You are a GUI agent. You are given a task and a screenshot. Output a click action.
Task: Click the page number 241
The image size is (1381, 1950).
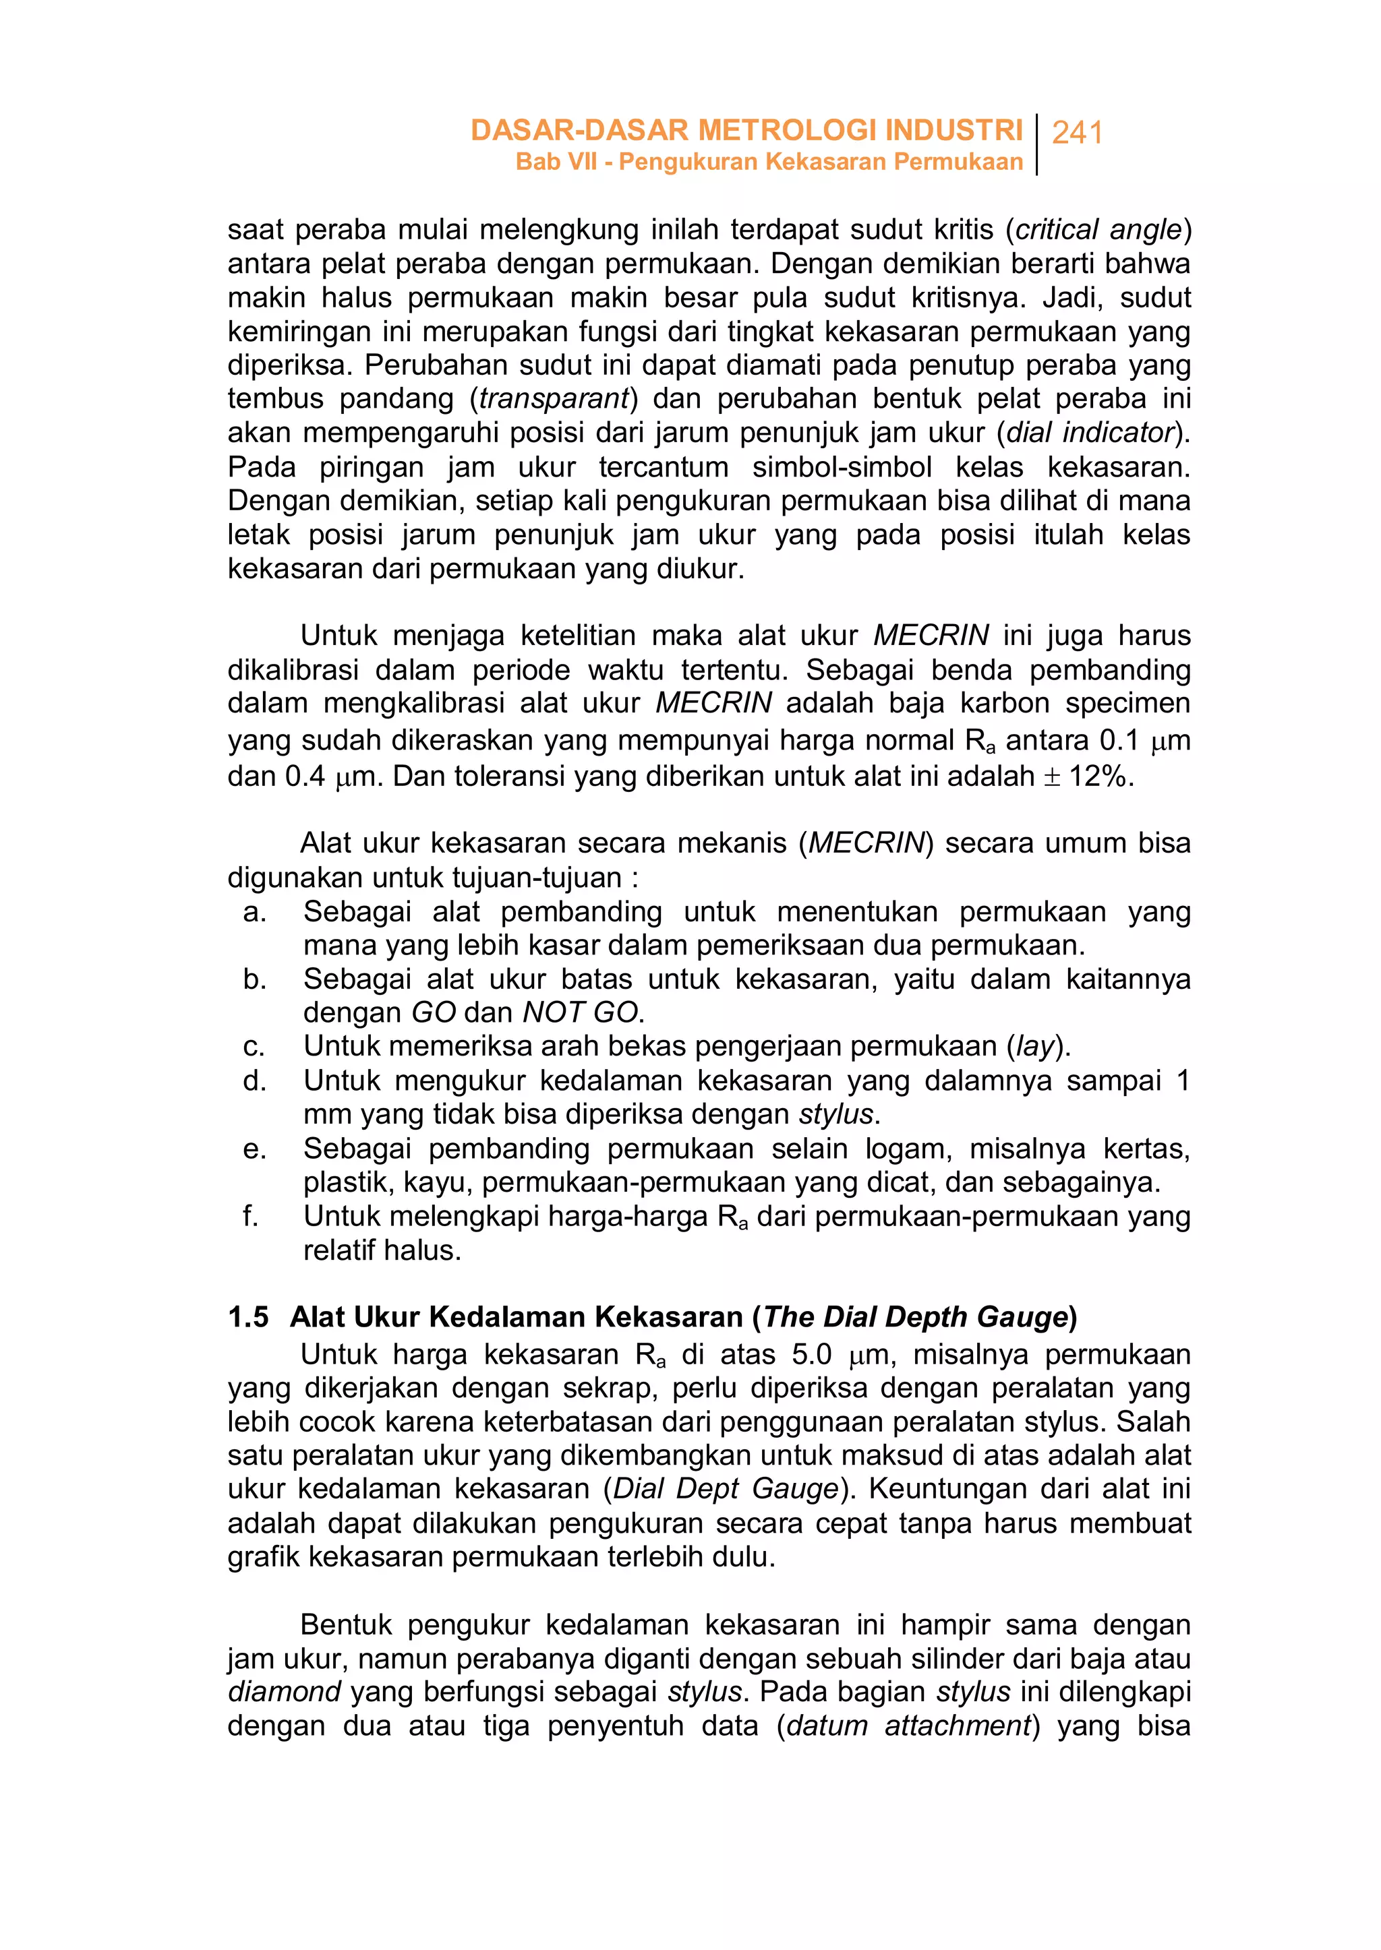click(x=1077, y=133)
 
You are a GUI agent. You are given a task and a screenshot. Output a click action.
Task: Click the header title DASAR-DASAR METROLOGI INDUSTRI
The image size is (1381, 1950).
click(x=746, y=130)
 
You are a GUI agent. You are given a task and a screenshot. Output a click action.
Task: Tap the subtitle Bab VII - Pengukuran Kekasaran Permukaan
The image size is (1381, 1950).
click(x=769, y=162)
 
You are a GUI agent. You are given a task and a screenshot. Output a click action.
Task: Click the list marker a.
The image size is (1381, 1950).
click(x=254, y=912)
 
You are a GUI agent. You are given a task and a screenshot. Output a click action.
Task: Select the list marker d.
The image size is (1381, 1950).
click(x=254, y=1081)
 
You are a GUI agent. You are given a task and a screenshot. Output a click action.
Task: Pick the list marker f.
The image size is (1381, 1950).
click(x=250, y=1217)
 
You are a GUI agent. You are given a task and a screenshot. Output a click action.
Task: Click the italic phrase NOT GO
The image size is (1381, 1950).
click(x=580, y=1012)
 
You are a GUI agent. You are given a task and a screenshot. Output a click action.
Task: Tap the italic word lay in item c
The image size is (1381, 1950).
click(x=1035, y=1046)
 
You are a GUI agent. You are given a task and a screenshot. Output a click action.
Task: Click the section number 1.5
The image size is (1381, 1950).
click(x=247, y=1318)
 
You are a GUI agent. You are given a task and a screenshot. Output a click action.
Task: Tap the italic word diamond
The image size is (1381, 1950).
click(x=284, y=1692)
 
